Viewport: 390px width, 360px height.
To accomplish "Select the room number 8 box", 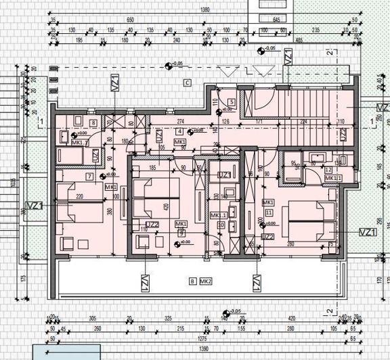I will coord(93,122).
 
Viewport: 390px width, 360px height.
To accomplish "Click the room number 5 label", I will coord(232,102).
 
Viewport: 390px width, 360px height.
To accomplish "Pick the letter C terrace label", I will coord(186,82).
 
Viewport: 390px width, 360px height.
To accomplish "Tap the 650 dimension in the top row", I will coord(131,20).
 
